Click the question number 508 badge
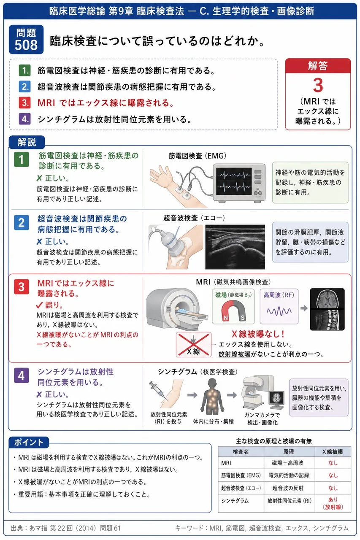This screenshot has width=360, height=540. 26,40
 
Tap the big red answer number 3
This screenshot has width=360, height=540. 318,85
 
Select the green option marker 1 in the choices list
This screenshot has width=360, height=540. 25,70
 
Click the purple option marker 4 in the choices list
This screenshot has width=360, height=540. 25,119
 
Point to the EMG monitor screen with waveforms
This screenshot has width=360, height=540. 234,181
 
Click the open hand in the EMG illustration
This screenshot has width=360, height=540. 160,175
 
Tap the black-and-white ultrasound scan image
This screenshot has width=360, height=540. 235,247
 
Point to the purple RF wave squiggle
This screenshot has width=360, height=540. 279,311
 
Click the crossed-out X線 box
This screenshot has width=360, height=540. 194,345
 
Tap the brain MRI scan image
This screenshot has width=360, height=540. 327,298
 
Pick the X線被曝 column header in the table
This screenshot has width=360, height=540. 333,451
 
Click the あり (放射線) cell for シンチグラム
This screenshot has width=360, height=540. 333,503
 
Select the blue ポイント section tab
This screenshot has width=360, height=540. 29,442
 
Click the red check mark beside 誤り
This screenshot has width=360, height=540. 39,305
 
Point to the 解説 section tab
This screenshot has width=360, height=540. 27,142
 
